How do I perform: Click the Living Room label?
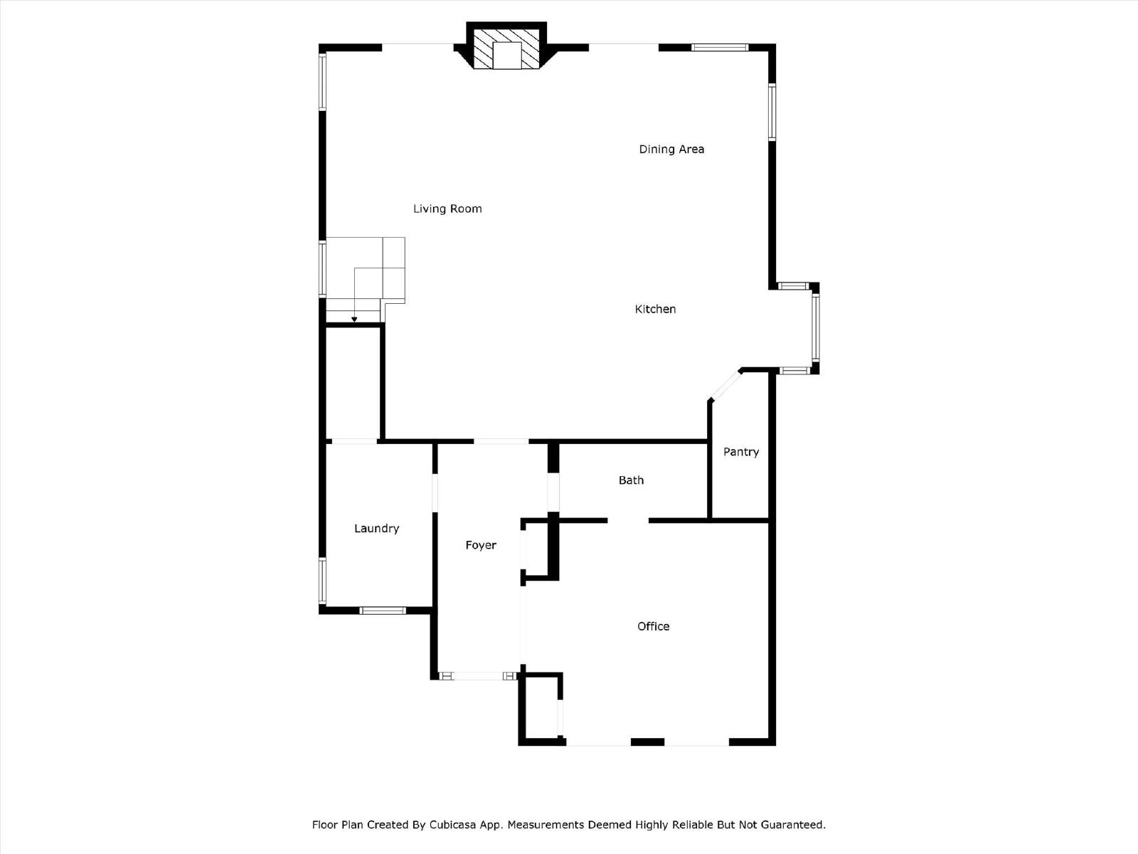click(x=447, y=209)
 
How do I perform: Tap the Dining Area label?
click(x=671, y=149)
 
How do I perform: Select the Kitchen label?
click(x=655, y=309)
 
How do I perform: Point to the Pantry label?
click(x=741, y=452)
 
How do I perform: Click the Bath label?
click(x=631, y=480)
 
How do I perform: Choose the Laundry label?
click(x=376, y=528)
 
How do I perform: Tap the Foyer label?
click(x=481, y=545)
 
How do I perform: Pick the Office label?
click(x=653, y=626)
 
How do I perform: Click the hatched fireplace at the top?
click(x=506, y=48)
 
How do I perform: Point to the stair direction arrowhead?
click(x=354, y=320)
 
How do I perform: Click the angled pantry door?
click(x=725, y=385)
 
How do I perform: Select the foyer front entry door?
click(x=479, y=676)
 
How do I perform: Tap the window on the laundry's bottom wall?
click(x=383, y=611)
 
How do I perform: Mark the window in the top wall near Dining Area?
click(x=720, y=48)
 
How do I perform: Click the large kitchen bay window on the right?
click(x=816, y=327)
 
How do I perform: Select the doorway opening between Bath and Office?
click(x=628, y=521)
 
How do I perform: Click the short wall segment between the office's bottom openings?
click(x=647, y=742)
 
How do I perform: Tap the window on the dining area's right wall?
click(x=772, y=112)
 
